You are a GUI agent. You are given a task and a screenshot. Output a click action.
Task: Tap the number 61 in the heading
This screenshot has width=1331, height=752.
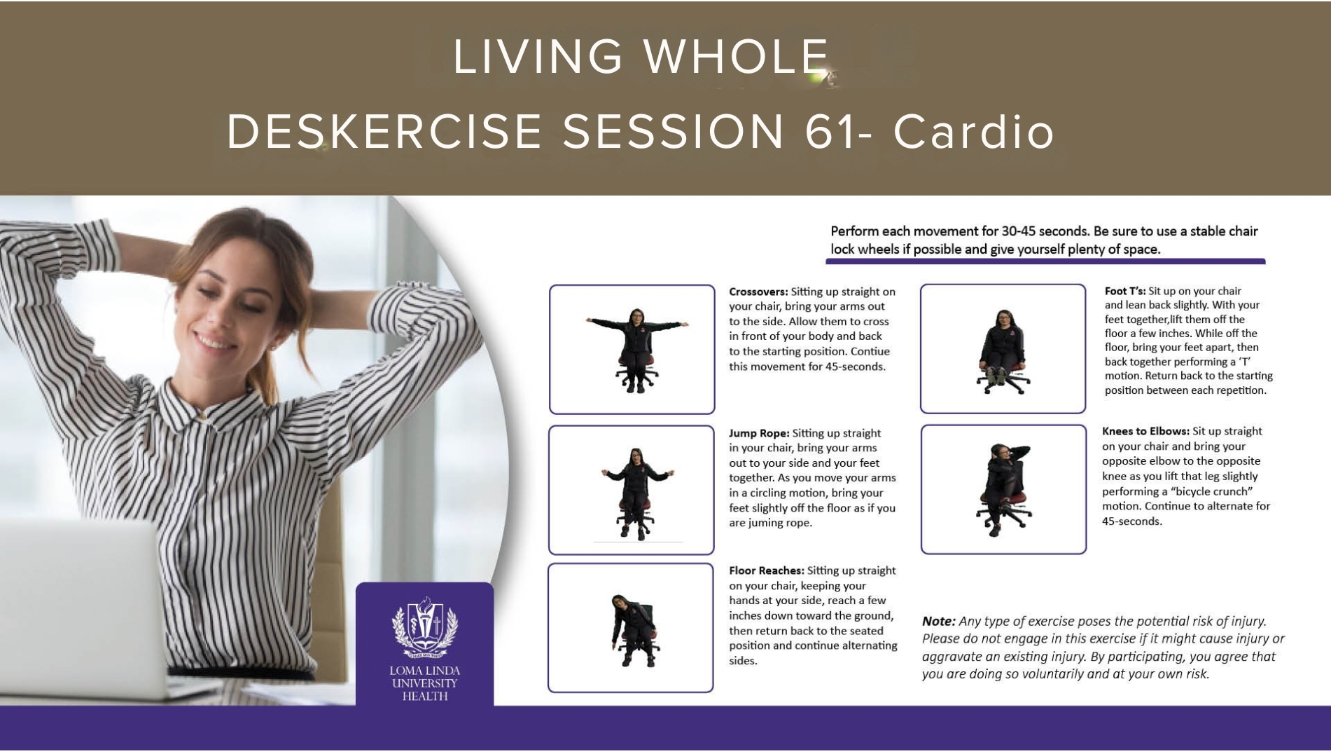(830, 131)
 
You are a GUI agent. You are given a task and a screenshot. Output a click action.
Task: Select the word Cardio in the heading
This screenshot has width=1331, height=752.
(974, 131)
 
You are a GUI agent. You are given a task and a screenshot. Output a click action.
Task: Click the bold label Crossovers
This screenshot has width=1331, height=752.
(758, 292)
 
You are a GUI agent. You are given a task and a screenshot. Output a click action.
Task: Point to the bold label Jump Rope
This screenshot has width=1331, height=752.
(759, 434)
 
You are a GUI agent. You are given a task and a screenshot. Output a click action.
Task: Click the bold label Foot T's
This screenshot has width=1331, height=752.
(1125, 291)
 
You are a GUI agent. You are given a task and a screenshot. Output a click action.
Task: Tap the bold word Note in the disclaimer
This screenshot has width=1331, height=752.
(938, 622)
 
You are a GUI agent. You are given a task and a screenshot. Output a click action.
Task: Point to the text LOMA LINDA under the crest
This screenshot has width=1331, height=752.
(424, 671)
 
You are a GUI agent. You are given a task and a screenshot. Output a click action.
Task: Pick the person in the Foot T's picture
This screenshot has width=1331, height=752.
(1003, 350)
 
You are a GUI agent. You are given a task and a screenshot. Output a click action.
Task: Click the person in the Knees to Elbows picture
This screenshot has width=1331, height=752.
(1003, 489)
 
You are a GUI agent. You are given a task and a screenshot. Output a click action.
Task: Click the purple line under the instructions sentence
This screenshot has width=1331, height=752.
(1045, 262)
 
